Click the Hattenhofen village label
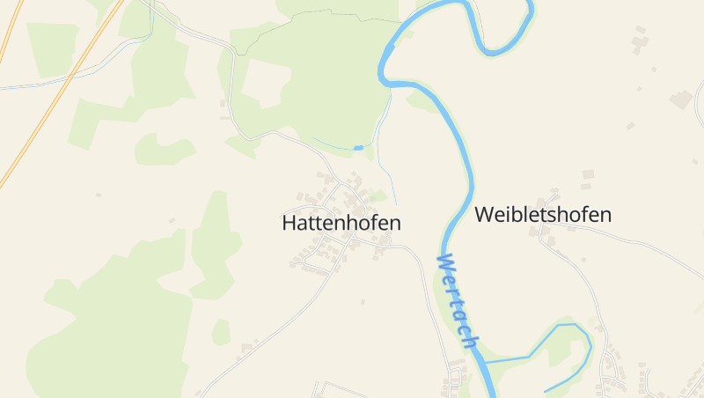[341, 223]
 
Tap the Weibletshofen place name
[543, 214]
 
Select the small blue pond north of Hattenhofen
[358, 147]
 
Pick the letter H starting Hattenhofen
[289, 223]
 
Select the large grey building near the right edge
[680, 99]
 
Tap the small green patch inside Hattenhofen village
[378, 195]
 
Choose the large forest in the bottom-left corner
[106, 335]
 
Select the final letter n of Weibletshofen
[605, 214]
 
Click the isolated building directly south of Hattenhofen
[363, 302]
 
